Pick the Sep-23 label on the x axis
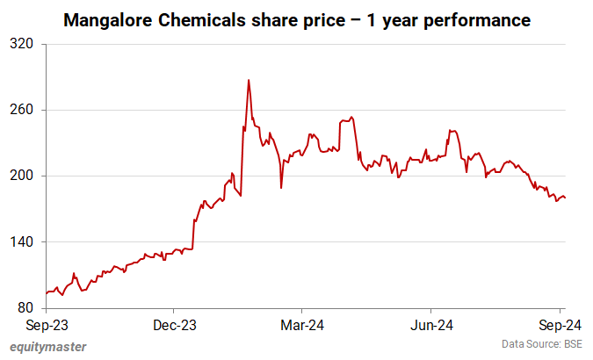pos(45,325)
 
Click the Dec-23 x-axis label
pos(174,325)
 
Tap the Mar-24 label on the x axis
pos(302,325)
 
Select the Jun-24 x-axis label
pos(431,325)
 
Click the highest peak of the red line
pos(248,81)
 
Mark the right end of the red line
pos(565,198)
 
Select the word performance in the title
pos(475,18)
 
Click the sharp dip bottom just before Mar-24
pos(281,187)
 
